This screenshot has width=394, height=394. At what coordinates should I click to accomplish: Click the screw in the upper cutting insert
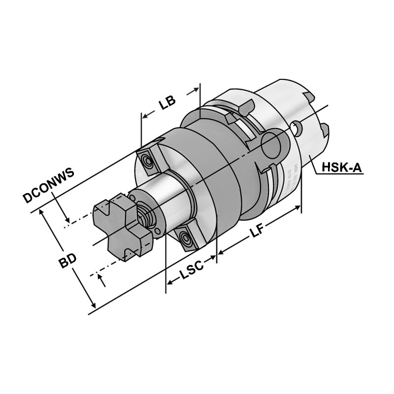tap(146, 160)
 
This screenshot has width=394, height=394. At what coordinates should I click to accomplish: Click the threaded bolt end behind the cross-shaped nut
tap(144, 215)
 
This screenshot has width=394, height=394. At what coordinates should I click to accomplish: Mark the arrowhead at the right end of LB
tap(197, 91)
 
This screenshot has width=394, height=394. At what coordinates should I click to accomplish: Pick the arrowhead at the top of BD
tap(43, 213)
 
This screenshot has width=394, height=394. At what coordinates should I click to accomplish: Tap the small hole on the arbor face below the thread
tap(156, 232)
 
